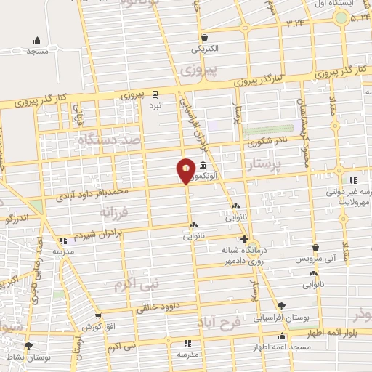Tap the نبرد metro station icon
[155, 94]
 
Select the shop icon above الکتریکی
[204, 38]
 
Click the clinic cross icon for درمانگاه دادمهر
[244, 239]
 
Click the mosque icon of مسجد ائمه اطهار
[282, 336]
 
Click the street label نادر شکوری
[271, 142]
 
